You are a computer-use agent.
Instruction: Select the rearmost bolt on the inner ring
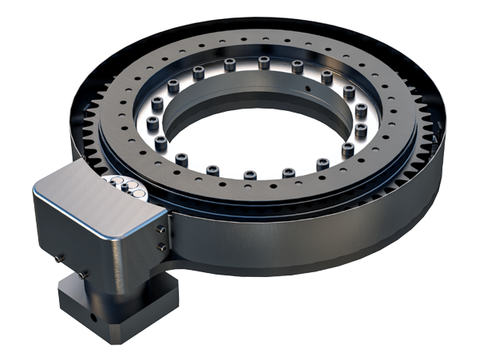pyautogui.click(x=264, y=60)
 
